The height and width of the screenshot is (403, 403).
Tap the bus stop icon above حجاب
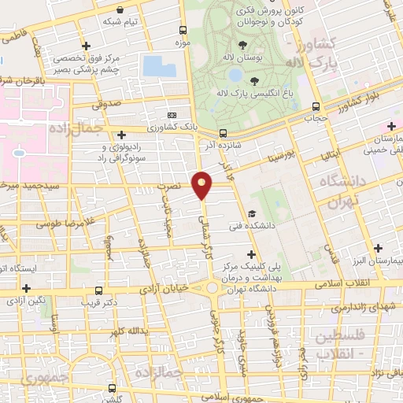click(x=316, y=107)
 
